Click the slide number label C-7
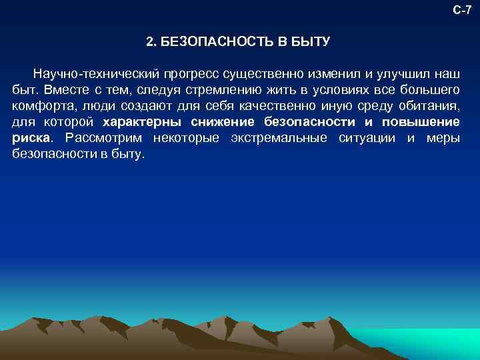(462, 9)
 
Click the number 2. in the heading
(151, 41)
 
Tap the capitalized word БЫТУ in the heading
(309, 41)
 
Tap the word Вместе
(63, 89)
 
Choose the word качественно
(278, 105)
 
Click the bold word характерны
(143, 122)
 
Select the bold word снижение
(222, 122)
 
